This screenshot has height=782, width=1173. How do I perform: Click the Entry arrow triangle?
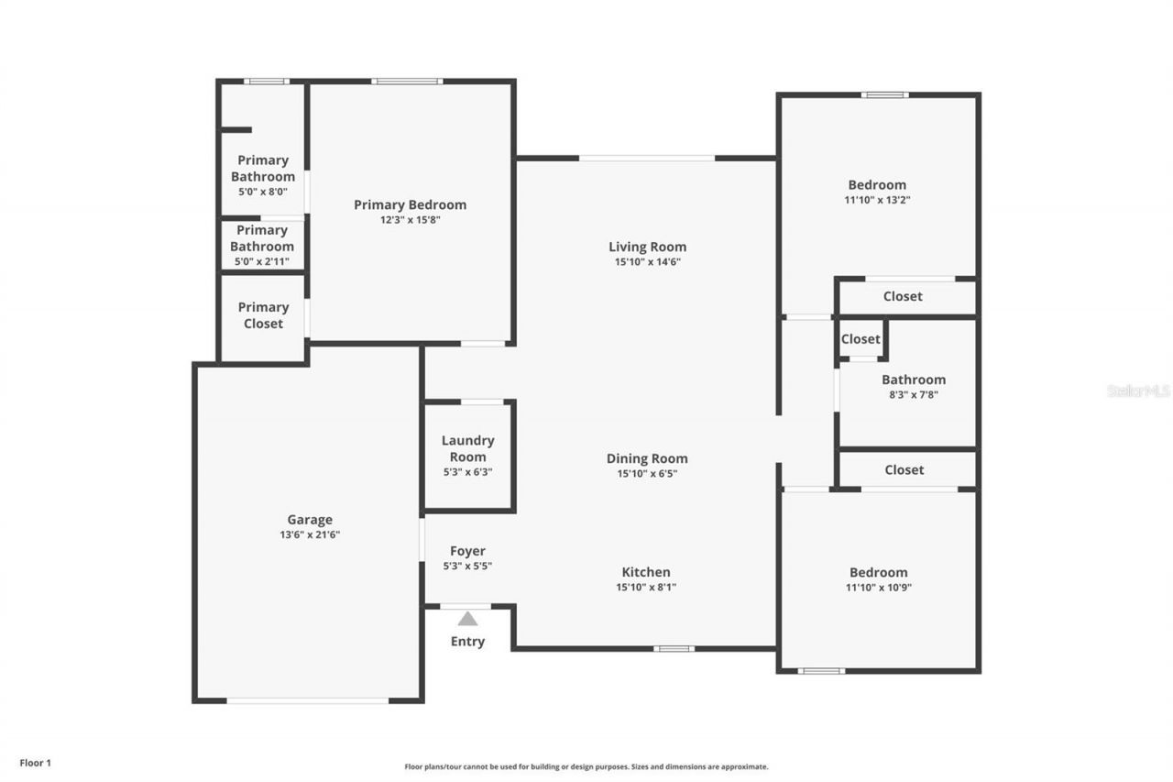click(467, 619)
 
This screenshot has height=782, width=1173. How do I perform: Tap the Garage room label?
click(310, 520)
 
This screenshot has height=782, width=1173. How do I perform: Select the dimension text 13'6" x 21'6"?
click(310, 534)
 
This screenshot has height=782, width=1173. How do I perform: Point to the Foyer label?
click(467, 551)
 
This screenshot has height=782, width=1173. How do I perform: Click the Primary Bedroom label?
click(410, 204)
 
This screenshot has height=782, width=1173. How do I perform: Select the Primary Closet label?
click(263, 315)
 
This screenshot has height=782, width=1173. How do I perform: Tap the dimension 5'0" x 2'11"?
click(262, 262)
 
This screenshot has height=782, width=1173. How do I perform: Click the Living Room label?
click(647, 247)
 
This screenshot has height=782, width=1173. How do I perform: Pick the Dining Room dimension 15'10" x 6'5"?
click(647, 474)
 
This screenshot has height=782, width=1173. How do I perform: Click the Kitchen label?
click(646, 572)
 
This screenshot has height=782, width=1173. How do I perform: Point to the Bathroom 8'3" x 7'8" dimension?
click(913, 395)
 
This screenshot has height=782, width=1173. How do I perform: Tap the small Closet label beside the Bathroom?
click(861, 339)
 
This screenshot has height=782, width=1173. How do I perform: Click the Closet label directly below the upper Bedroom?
click(903, 296)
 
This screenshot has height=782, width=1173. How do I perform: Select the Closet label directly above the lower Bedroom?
click(904, 469)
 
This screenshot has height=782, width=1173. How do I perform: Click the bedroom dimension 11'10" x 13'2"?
click(877, 200)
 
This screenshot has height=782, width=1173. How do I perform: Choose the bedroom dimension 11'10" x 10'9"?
click(877, 588)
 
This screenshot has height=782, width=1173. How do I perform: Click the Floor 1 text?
click(36, 762)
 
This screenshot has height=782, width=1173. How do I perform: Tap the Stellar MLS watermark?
click(1138, 391)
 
